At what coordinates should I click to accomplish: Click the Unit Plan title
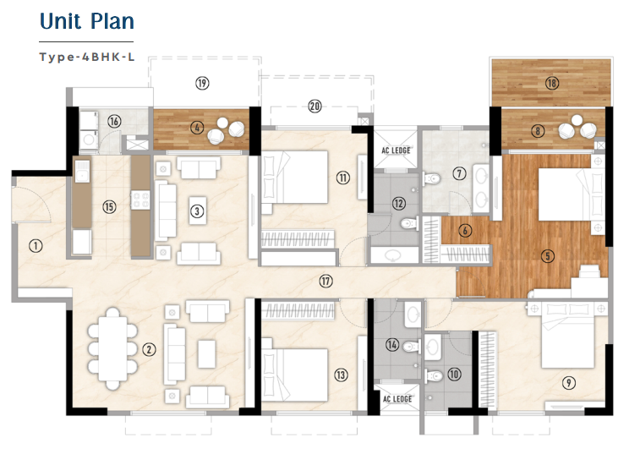point(86,22)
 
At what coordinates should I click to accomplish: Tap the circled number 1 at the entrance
point(35,246)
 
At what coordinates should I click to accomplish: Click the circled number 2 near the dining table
point(149,348)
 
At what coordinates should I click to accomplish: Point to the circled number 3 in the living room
point(196,211)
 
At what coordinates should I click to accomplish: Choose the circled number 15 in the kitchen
point(108,206)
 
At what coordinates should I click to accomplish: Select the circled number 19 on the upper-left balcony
point(202,83)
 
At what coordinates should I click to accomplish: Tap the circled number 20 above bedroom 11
point(315,107)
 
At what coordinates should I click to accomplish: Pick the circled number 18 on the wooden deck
point(551,83)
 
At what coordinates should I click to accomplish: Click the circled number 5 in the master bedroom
point(548,256)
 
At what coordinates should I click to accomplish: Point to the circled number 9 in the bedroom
point(569,383)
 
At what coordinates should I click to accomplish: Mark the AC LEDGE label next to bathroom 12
point(396,150)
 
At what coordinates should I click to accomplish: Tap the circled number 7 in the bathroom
point(459,174)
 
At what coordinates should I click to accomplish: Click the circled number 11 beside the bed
point(342,178)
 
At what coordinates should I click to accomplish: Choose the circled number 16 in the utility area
point(114,122)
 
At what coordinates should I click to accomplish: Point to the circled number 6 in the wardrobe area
point(465,228)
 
